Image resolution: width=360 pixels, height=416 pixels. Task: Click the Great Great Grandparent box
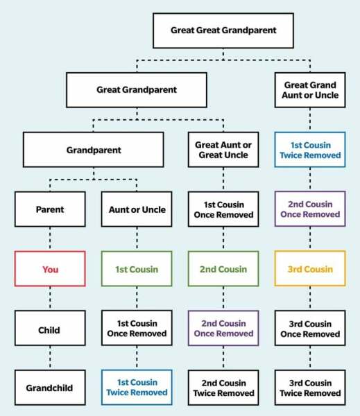(x=223, y=31)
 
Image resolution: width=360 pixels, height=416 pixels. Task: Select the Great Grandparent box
(x=137, y=90)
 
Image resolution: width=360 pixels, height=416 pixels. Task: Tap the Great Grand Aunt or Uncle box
(x=310, y=90)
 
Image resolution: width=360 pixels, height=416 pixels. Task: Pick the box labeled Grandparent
(x=94, y=150)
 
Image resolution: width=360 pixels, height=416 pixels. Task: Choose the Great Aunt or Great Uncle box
(x=223, y=150)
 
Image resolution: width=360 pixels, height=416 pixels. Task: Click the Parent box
(x=50, y=209)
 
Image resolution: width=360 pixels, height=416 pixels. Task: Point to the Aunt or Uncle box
(x=137, y=209)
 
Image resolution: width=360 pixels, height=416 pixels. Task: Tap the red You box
(x=50, y=269)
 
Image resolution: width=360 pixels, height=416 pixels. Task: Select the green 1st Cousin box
(x=137, y=269)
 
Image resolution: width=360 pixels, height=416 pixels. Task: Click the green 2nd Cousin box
(x=223, y=269)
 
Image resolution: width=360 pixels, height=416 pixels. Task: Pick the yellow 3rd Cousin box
(x=310, y=268)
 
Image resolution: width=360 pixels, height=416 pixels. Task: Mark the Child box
(x=50, y=328)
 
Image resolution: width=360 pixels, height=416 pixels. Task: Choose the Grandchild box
(x=50, y=388)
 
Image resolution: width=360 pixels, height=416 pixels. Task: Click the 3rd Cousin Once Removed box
(x=310, y=328)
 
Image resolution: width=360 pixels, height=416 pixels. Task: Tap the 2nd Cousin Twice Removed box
(x=223, y=388)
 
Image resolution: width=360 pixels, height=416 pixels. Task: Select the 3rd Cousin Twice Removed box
(x=310, y=388)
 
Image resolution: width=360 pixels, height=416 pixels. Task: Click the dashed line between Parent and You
(x=50, y=239)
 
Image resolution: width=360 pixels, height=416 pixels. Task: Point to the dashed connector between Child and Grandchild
(x=50, y=358)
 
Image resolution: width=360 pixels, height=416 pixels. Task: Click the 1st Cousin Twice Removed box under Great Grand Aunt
(x=310, y=150)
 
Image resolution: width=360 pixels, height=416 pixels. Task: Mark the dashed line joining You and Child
(x=50, y=298)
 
